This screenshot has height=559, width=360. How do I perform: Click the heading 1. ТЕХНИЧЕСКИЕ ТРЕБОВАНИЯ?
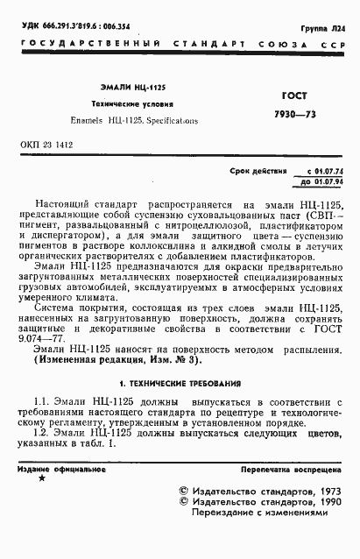tap(180, 383)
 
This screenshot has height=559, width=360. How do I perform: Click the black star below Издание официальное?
tap(42, 480)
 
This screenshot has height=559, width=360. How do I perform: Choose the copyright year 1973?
tap(326, 492)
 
